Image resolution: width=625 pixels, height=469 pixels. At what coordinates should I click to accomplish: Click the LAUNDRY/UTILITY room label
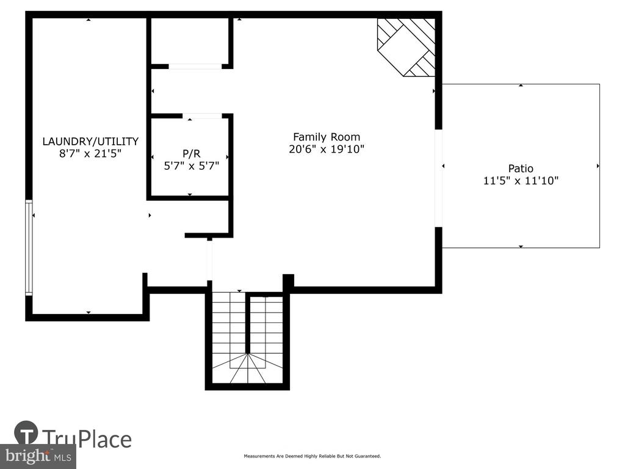(90, 142)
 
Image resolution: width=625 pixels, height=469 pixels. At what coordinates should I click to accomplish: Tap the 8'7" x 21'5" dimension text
(90, 153)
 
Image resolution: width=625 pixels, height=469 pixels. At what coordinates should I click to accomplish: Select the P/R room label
(191, 153)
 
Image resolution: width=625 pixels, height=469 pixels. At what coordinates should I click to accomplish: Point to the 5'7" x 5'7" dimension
(191, 166)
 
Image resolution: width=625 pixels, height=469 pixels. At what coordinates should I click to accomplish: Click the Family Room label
(327, 137)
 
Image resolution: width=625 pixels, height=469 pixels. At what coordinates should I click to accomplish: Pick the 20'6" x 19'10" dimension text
(327, 149)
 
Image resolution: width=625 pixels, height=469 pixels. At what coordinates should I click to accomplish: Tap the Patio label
(521, 169)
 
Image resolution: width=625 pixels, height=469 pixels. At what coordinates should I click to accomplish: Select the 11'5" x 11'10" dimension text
(521, 181)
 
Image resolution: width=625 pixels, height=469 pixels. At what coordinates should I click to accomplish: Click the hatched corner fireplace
(406, 47)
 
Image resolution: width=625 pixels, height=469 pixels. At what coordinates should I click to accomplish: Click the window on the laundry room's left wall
(29, 248)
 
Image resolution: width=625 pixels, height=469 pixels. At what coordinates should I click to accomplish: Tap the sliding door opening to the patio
(438, 178)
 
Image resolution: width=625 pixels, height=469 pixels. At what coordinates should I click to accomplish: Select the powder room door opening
(202, 116)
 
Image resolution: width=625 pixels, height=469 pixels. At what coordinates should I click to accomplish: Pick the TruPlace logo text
(87, 438)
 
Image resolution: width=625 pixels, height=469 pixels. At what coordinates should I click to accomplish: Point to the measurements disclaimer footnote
(312, 456)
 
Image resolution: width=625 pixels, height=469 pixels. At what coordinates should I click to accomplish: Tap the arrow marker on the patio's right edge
(598, 166)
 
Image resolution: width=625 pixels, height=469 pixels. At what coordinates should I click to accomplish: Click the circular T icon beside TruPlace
(26, 433)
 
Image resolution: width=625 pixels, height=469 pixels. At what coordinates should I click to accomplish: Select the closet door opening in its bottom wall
(195, 66)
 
